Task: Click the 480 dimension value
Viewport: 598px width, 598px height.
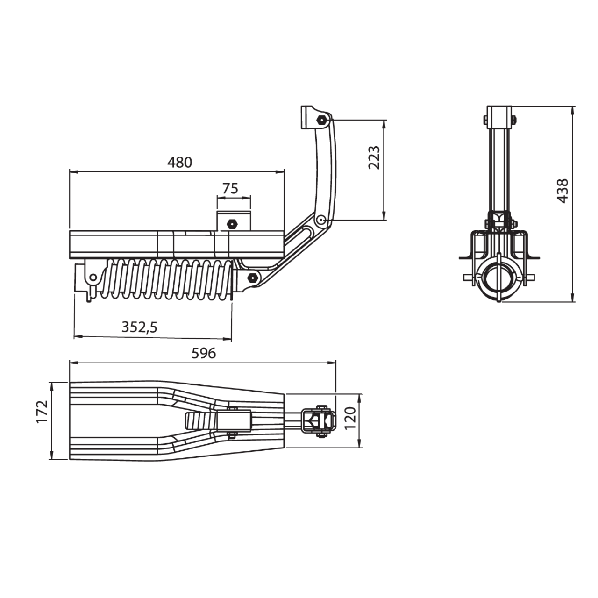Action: click(180, 162)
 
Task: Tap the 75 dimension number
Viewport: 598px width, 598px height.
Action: click(230, 188)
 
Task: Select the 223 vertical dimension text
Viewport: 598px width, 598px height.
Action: click(374, 157)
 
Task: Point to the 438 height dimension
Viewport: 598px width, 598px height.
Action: click(562, 191)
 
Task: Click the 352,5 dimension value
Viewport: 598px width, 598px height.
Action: click(139, 327)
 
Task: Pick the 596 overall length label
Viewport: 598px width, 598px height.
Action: click(204, 354)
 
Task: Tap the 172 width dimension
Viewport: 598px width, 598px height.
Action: click(42, 412)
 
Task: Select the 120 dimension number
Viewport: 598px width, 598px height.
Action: click(350, 418)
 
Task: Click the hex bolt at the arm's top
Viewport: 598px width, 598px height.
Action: click(321, 120)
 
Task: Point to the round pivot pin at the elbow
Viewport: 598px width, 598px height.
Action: click(321, 220)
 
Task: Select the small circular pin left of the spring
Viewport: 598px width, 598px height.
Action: click(93, 277)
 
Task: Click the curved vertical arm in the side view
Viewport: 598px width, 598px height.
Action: click(327, 168)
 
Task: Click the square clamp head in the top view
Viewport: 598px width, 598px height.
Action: click(319, 421)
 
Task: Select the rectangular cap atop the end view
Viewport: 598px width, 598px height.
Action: click(499, 117)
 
